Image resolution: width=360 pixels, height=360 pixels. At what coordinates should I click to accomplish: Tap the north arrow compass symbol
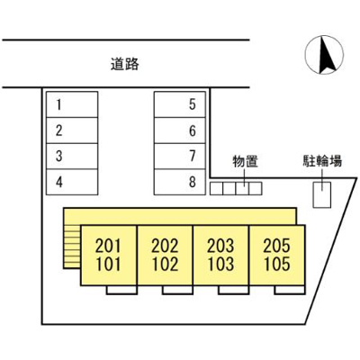324,57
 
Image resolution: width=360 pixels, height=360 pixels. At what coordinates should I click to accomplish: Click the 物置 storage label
245,163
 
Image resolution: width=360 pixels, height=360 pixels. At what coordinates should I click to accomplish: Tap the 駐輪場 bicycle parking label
321,163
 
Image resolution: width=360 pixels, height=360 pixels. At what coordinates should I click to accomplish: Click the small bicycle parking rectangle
321,193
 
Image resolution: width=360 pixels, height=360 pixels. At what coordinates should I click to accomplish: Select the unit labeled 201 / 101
109,256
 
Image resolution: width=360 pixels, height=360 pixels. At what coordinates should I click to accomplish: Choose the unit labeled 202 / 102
165,256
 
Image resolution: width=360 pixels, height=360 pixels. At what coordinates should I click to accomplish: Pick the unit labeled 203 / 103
220,256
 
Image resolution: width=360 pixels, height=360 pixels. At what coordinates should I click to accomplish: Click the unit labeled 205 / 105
276,256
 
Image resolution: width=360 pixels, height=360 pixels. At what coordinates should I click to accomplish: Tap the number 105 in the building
276,265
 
